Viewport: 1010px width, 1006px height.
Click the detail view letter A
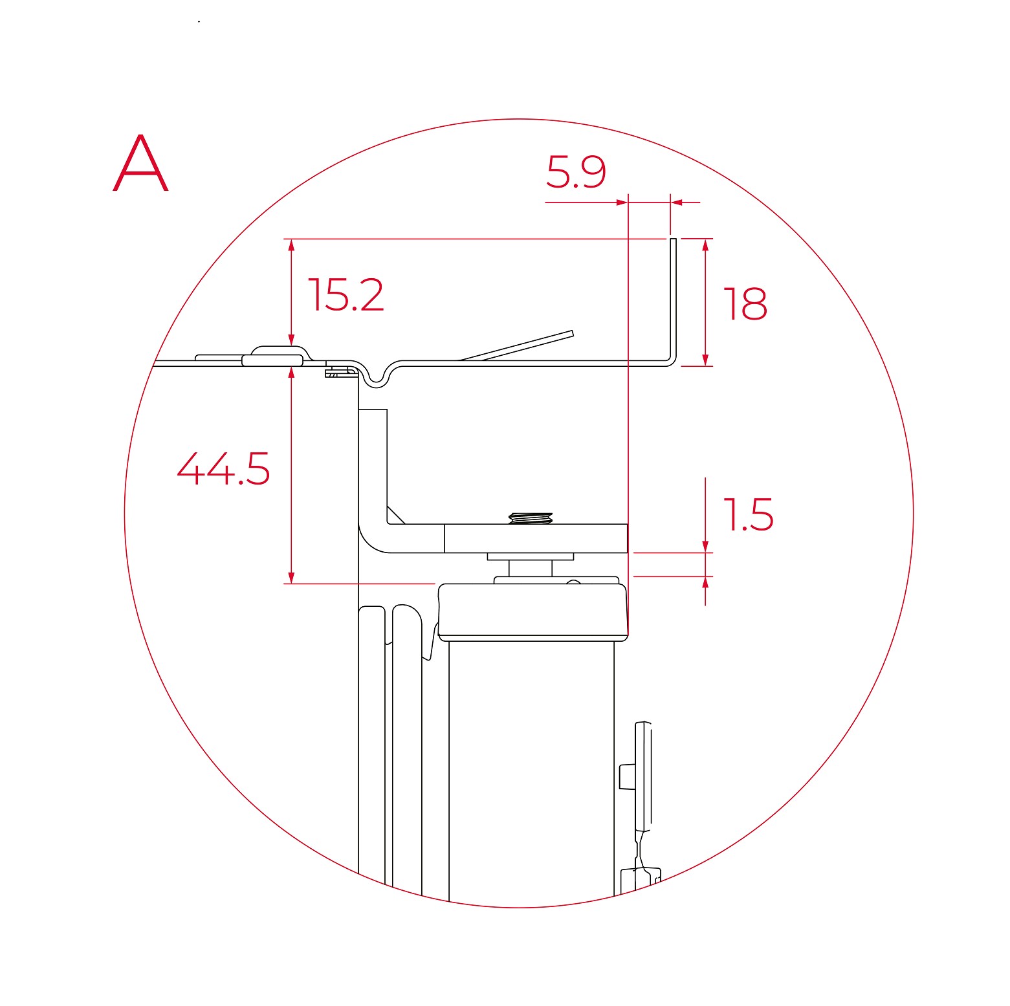(140, 163)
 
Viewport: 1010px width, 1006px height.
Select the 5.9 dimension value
(576, 172)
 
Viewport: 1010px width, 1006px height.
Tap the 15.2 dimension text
(346, 295)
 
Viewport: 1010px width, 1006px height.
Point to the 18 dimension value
(745, 303)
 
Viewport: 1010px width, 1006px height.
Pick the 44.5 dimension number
(223, 468)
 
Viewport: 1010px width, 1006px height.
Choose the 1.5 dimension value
(748, 515)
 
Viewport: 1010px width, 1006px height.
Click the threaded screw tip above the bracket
(531, 518)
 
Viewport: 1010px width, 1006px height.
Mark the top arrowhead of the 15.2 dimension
(292, 245)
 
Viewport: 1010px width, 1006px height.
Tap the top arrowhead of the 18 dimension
(705, 245)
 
